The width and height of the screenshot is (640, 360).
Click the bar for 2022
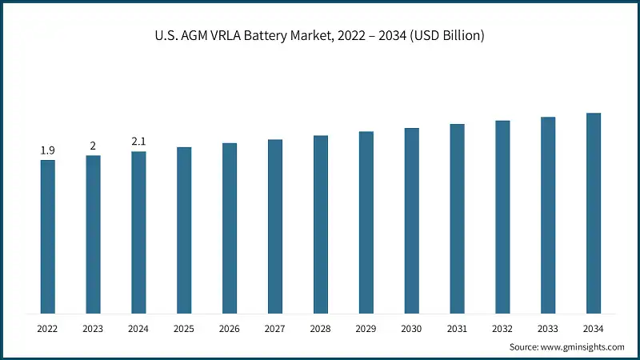click(48, 237)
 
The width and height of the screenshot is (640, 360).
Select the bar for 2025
click(184, 230)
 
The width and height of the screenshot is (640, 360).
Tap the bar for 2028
click(321, 225)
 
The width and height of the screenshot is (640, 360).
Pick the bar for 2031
click(457, 218)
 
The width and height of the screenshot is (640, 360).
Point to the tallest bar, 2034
click(594, 214)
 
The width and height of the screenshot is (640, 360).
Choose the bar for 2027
click(275, 226)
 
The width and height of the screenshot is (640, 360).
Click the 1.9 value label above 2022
click(48, 150)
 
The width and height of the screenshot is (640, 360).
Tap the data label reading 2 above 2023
click(93, 146)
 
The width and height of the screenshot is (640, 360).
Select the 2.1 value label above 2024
click(138, 142)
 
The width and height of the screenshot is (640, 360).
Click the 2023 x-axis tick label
click(93, 329)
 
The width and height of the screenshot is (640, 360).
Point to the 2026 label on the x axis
click(230, 329)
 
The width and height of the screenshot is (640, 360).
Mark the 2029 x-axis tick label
click(366, 329)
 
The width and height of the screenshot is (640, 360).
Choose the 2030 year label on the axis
click(411, 329)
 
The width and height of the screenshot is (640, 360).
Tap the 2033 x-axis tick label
click(548, 329)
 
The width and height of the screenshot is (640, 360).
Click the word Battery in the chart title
click(266, 36)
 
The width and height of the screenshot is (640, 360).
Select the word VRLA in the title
click(226, 35)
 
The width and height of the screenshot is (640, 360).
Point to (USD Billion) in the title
click(447, 36)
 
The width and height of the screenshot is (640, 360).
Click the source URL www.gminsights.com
click(582, 347)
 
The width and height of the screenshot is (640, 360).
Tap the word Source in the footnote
click(524, 347)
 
